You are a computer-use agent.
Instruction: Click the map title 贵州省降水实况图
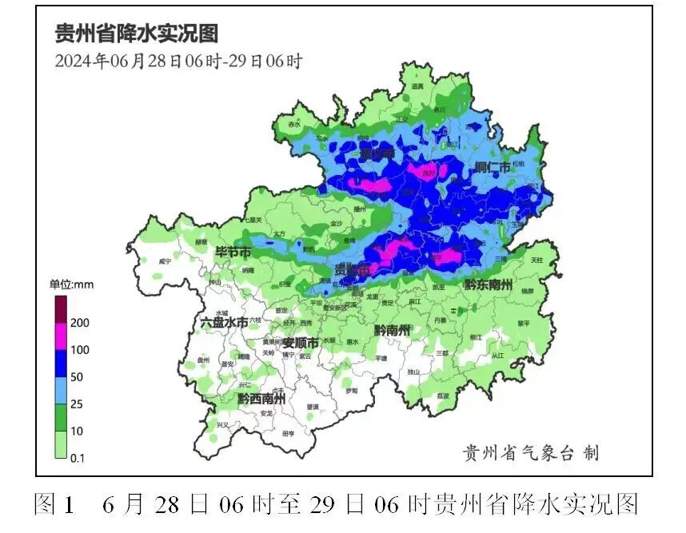pos(136,34)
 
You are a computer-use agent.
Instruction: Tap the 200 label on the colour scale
pos(79,323)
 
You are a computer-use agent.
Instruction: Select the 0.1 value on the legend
pos(78,458)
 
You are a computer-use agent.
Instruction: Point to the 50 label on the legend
pos(77,376)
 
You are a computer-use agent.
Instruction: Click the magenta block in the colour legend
pos(60,336)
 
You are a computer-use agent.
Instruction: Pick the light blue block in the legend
pos(60,390)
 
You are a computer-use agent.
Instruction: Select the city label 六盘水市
pos(224,322)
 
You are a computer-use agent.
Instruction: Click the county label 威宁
pos(165,261)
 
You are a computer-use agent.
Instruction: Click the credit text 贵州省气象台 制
pos(532,453)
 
